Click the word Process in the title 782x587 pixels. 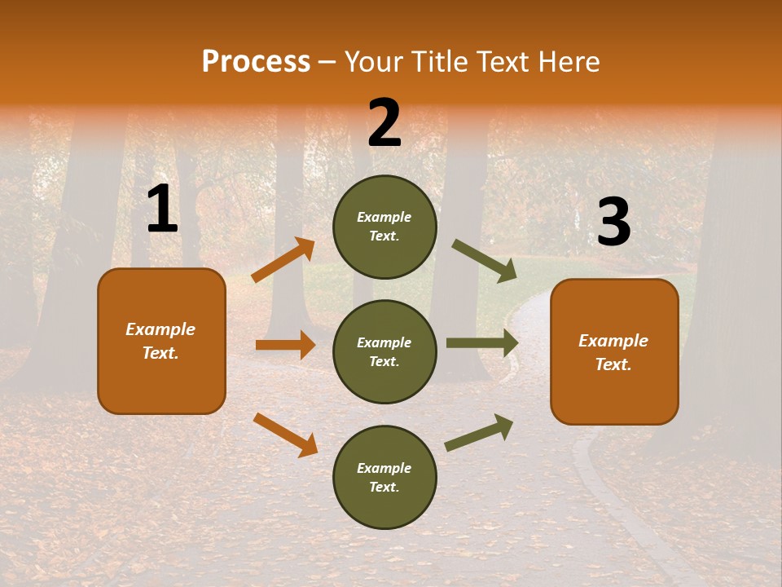tap(256, 62)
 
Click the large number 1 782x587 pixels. tap(162, 210)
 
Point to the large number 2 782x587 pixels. tap(384, 123)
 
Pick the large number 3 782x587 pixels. tap(613, 223)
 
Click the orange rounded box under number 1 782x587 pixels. tap(161, 341)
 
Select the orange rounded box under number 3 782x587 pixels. tap(614, 351)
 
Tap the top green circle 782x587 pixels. tap(384, 227)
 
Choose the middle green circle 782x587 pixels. tap(384, 351)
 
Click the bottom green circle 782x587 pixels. tap(384, 477)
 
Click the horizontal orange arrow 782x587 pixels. tap(285, 345)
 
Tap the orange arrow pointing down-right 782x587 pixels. tap(285, 435)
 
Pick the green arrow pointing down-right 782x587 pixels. tap(484, 260)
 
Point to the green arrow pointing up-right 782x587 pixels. tap(479, 433)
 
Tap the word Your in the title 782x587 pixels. tap(374, 62)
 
